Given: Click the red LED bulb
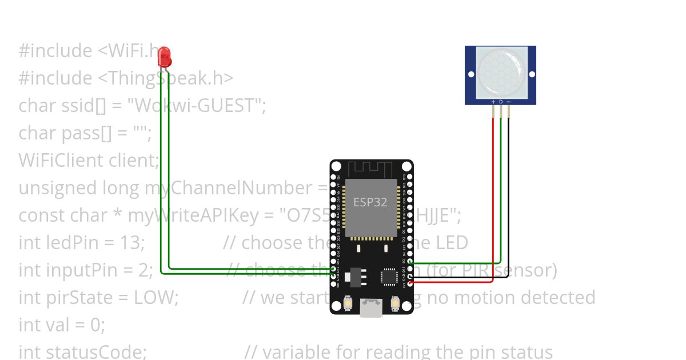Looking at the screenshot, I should tap(165, 56).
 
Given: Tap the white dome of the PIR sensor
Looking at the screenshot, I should tap(501, 73).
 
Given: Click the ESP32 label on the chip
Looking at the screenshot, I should tap(370, 202).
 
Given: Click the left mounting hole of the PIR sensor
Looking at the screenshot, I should tap(471, 74).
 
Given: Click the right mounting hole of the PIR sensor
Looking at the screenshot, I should tap(532, 74).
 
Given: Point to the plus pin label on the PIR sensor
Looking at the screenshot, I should tap(493, 102).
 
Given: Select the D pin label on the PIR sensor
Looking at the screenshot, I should tap(501, 102).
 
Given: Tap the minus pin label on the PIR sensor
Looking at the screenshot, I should tap(508, 102).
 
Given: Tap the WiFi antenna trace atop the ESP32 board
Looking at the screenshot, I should tap(371, 169).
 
